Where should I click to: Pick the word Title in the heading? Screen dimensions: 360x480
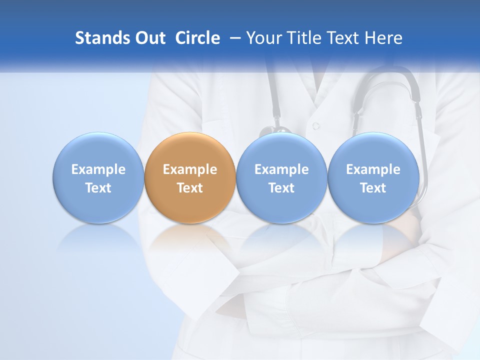[301, 38]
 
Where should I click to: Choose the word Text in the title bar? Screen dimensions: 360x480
[342, 38]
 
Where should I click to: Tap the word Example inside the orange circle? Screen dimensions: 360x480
[190, 169]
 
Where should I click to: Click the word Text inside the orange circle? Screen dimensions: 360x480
[190, 188]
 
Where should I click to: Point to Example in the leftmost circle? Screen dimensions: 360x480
[98, 169]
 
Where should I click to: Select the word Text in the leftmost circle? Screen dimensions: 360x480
[98, 188]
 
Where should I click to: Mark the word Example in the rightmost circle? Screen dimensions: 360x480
[373, 169]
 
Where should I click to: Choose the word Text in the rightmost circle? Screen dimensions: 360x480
[373, 188]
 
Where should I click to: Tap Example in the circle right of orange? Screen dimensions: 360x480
[281, 169]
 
